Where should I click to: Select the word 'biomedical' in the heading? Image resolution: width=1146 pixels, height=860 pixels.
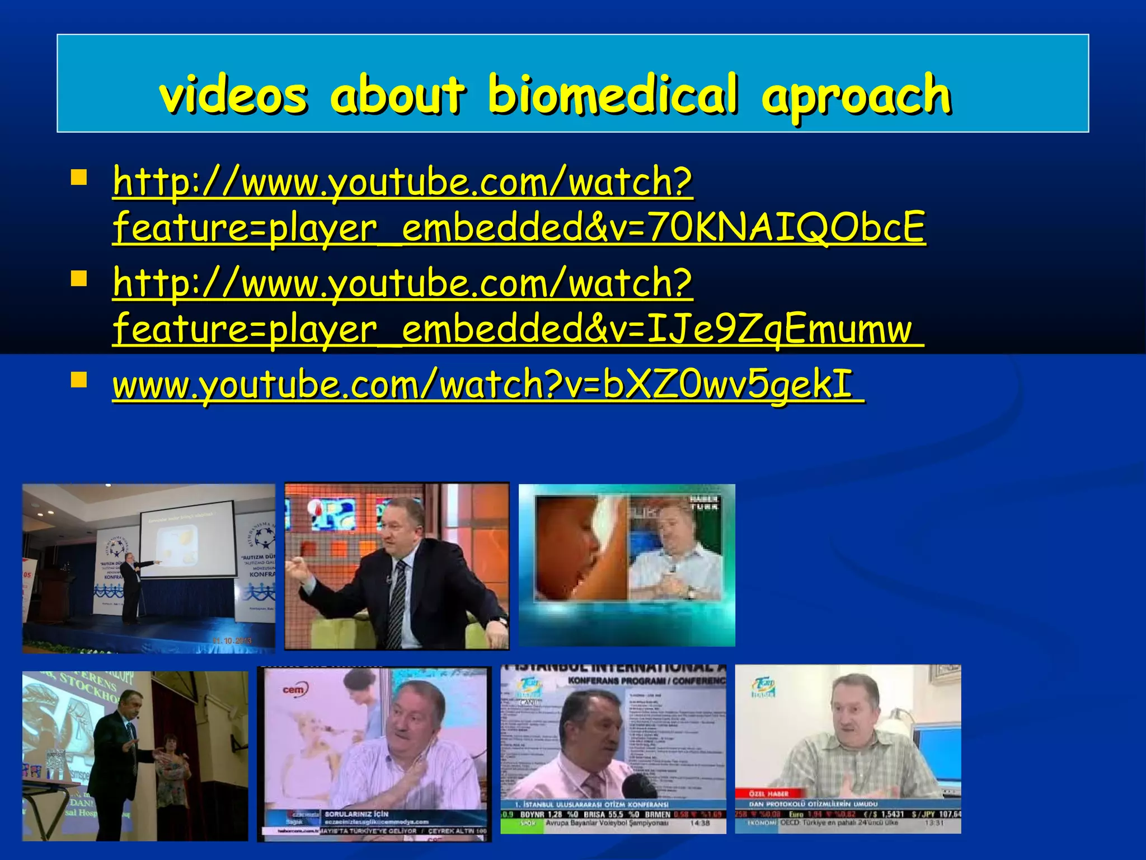(x=613, y=95)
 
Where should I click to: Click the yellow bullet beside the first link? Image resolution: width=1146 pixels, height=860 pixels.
(x=79, y=177)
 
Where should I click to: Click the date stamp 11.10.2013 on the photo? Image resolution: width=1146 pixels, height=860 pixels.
(x=232, y=640)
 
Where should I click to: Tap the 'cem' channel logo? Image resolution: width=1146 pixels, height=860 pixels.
(x=293, y=690)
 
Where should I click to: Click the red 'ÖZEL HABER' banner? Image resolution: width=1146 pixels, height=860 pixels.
(x=769, y=793)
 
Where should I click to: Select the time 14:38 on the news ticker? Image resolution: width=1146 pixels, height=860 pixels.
(x=699, y=823)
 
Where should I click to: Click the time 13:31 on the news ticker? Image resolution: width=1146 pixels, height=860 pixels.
(x=934, y=823)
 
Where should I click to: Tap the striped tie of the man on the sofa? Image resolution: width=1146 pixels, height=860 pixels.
(x=398, y=599)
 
